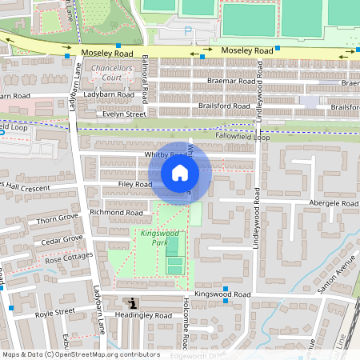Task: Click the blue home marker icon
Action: (180, 173)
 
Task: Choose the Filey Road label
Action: (133, 185)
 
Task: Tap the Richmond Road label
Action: (116, 212)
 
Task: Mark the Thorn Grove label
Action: (58, 218)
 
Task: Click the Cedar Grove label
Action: (62, 239)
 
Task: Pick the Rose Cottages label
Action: (69, 258)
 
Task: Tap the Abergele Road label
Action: (334, 204)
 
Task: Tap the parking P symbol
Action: (189, 31)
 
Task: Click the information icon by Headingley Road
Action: (132, 302)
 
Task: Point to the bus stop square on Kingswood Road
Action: (226, 288)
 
